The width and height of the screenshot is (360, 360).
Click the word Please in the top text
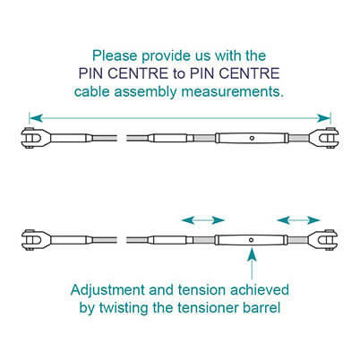[115, 56]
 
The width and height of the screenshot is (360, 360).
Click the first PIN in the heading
[90, 73]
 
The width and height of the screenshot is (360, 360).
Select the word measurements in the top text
[233, 91]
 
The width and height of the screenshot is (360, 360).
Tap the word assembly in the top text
[146, 91]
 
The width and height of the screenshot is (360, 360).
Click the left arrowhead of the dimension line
[36, 118]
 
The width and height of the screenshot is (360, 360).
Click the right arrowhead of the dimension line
[323, 118]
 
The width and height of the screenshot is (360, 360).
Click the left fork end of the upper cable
[34, 138]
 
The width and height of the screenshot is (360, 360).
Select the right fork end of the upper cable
[324, 138]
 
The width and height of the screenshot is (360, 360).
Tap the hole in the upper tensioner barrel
[252, 138]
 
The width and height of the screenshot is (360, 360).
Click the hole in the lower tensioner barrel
[252, 240]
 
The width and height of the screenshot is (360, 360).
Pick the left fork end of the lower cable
[34, 240]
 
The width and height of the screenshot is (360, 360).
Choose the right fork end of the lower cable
[324, 240]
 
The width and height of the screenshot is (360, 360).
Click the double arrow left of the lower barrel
[203, 220]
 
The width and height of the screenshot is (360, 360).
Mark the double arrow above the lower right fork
[298, 220]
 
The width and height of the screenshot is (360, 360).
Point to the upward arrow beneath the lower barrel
[253, 263]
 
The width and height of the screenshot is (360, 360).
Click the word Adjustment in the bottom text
[107, 290]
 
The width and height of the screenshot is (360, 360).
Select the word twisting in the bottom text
[124, 308]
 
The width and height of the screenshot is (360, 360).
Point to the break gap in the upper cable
[122, 138]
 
